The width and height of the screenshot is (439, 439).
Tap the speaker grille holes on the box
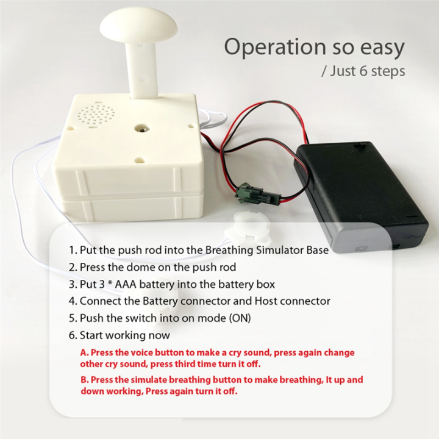96,115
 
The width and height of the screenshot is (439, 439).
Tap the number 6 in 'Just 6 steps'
363,70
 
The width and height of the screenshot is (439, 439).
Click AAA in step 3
126,284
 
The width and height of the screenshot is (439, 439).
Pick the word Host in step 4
266,301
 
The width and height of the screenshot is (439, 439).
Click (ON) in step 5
240,318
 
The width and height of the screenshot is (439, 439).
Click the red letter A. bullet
84,352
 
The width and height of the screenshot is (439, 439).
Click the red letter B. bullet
85,380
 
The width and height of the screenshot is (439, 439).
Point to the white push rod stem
142,71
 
